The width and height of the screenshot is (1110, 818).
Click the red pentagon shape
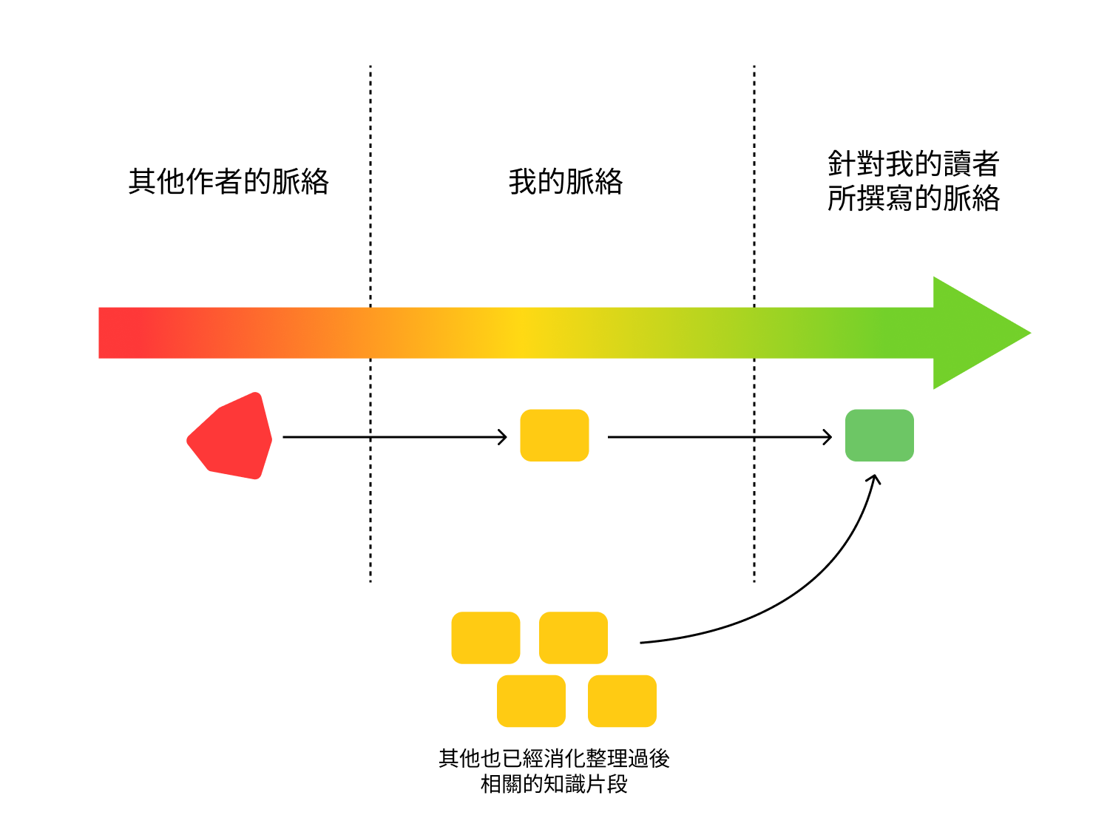pos(231,437)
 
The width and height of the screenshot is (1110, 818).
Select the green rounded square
pos(879,436)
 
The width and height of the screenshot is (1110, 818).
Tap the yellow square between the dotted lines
pos(555,436)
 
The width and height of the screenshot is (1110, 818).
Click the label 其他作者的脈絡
pos(229,181)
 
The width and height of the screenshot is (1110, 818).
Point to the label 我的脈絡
pos(566,181)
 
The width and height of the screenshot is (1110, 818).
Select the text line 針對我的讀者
pos(913,163)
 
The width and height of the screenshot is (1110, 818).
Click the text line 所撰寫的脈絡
pos(913,198)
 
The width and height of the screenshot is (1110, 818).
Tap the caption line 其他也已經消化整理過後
pos(554,758)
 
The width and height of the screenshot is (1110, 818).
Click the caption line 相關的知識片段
pos(554,784)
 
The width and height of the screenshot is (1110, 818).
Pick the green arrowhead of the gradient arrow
pos(976,333)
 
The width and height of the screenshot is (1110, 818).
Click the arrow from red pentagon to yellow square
pos(395,437)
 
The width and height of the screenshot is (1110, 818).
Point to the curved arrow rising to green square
pos(799,584)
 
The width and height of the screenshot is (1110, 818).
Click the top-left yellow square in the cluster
pos(486,638)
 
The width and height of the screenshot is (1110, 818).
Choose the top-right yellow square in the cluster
pos(573,638)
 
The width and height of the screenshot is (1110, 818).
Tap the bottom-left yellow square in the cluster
pos(531,701)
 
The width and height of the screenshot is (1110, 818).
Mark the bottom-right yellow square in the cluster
pos(622,701)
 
